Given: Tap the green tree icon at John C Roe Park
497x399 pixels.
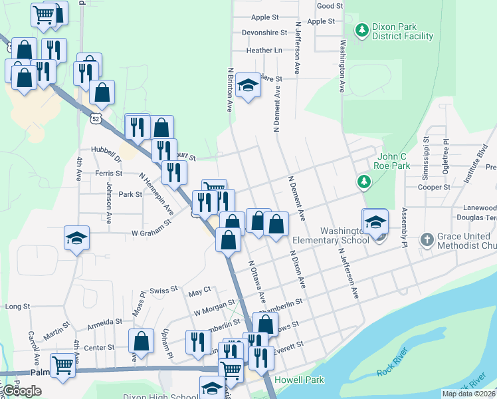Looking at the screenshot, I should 363,181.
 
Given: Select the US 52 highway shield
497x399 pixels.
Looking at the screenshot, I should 97,118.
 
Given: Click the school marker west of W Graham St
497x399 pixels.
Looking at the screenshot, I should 76,238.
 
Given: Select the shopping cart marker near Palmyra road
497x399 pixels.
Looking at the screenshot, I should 62,365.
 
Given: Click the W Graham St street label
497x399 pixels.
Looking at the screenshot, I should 151,233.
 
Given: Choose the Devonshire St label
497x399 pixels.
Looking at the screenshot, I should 264,32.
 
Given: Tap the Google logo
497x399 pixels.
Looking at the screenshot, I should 21,391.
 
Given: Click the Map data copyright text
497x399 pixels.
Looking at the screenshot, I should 468,394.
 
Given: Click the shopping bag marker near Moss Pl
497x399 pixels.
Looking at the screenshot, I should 141,342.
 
